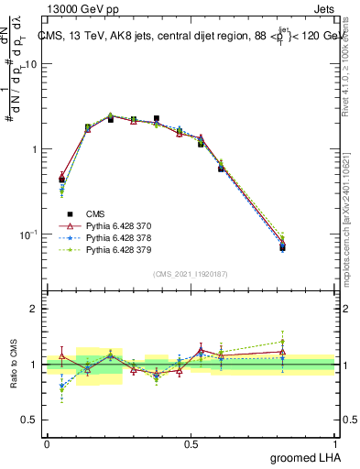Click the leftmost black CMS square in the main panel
point(61,180)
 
